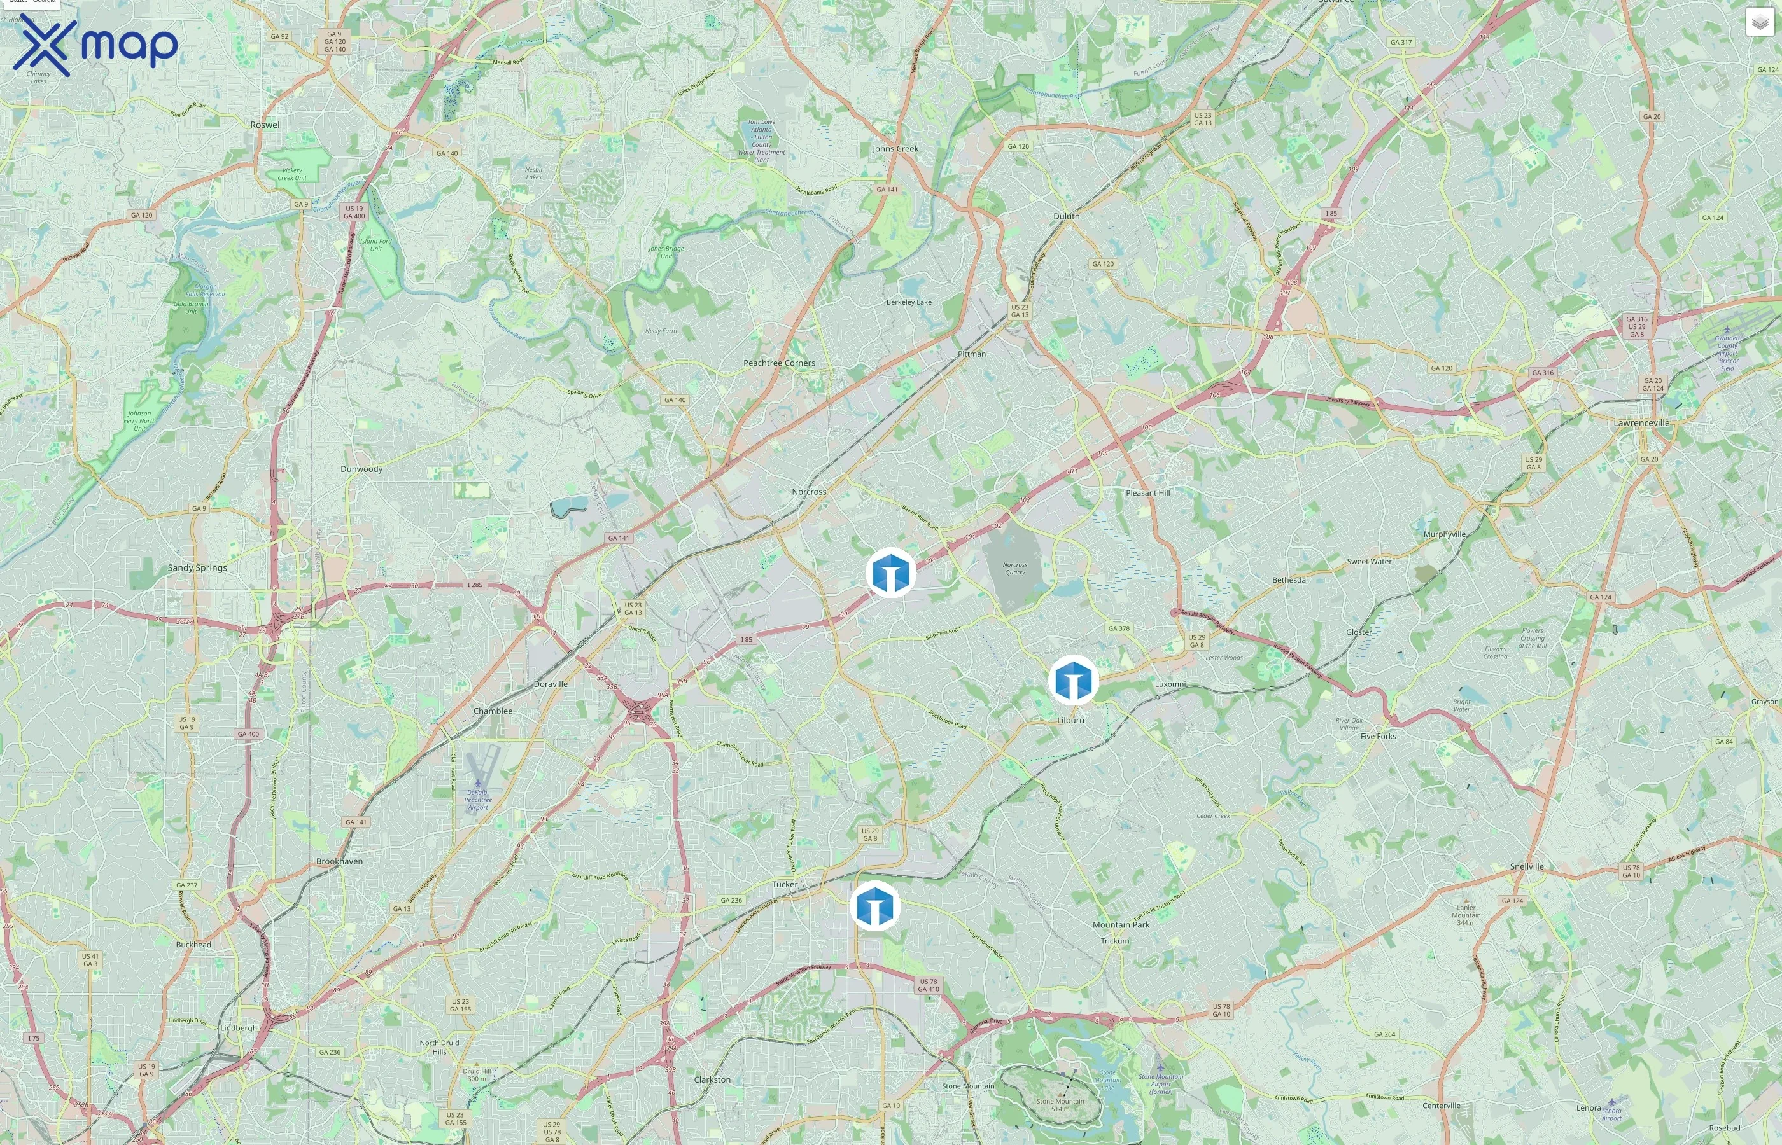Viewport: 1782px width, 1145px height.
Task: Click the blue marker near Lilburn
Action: tap(1072, 679)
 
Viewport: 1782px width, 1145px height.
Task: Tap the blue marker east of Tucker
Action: tap(874, 906)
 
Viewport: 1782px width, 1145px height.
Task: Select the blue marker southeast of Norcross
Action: tap(890, 572)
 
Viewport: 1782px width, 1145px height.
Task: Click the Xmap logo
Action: tap(95, 45)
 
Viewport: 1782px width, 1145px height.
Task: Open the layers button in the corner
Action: tap(1759, 23)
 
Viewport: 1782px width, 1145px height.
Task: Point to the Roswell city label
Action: tap(265, 125)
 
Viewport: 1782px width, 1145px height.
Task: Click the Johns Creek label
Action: tap(895, 149)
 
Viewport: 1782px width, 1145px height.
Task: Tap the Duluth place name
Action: tap(1066, 216)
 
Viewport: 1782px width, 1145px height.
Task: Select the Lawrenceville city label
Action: tap(1641, 423)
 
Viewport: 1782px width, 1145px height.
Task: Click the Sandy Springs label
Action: tap(197, 568)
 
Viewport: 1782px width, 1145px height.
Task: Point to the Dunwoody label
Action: tap(361, 469)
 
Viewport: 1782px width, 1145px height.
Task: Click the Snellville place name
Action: tap(1526, 867)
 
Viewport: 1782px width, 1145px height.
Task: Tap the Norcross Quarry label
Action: tap(1014, 569)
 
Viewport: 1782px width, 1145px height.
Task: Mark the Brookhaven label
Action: tap(339, 862)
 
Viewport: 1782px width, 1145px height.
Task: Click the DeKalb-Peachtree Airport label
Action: tap(477, 800)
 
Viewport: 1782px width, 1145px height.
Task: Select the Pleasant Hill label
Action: tap(1147, 493)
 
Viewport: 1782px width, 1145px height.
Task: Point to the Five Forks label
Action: tap(1377, 737)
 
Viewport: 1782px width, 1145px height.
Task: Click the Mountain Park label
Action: tap(1120, 925)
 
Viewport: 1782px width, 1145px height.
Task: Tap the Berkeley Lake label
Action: tap(908, 303)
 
